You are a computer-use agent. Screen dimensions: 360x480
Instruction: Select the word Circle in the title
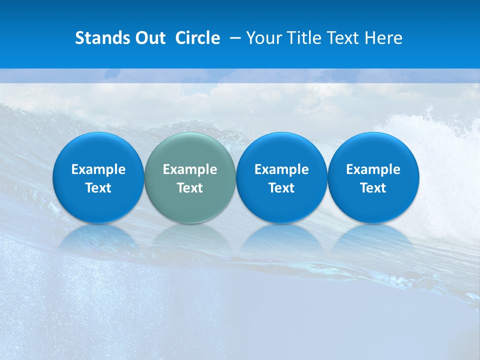(x=197, y=38)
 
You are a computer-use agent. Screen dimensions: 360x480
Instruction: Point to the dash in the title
(x=233, y=38)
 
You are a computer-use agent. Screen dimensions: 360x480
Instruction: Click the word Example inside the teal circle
(x=190, y=169)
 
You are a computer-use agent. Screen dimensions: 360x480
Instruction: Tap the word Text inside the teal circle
(x=190, y=188)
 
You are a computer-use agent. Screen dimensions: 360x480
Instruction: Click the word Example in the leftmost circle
(x=98, y=169)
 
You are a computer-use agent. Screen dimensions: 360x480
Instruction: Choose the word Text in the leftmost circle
(x=98, y=188)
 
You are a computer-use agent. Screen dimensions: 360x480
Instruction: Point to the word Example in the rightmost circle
(x=373, y=169)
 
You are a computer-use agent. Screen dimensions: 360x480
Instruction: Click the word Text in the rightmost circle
(x=373, y=188)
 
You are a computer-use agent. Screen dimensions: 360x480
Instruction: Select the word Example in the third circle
(x=281, y=169)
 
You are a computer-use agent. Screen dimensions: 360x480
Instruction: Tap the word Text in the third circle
(x=281, y=188)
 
